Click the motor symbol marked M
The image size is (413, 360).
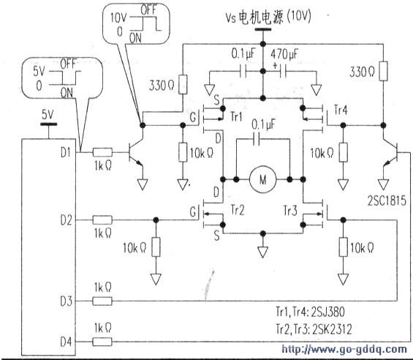[x=263, y=179]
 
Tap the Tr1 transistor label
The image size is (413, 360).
[x=236, y=116]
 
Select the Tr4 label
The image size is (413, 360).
[x=341, y=110]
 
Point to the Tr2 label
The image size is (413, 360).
[x=238, y=210]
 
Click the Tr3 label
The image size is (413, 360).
[x=290, y=211]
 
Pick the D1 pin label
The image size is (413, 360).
[x=66, y=152]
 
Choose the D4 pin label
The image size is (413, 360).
[x=66, y=342]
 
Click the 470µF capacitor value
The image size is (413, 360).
[x=284, y=54]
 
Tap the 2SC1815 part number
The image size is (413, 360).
[x=387, y=201]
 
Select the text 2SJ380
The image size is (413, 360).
[x=327, y=312]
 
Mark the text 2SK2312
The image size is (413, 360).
[x=332, y=329]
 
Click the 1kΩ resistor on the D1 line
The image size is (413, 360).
[x=102, y=152]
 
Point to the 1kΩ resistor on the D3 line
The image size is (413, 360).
[x=102, y=301]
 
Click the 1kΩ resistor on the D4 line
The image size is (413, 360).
[x=102, y=342]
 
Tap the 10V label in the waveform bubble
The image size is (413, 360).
[x=118, y=18]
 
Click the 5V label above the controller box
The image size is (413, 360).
[x=48, y=115]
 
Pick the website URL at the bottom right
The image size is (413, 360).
[x=344, y=350]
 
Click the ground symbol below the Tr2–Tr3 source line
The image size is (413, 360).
[x=263, y=252]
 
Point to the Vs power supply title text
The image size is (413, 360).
[x=268, y=18]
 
